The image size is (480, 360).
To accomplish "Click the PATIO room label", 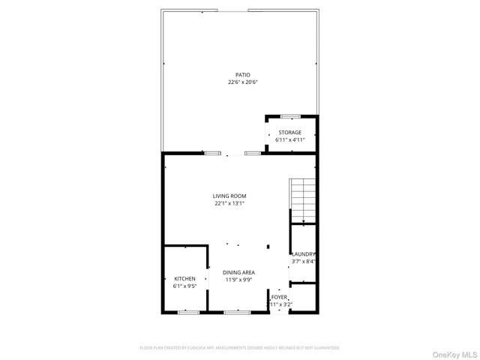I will point(242,75).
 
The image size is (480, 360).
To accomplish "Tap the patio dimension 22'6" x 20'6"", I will point(242,82).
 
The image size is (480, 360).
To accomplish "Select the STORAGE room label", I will point(290,133).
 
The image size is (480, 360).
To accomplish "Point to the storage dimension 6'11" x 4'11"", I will point(290,140).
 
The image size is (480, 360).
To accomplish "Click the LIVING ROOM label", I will point(229,196).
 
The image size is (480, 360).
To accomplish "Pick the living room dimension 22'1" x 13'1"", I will point(229,203).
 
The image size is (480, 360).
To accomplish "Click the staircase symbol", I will point(302,201).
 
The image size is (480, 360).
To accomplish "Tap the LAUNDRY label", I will point(304,254).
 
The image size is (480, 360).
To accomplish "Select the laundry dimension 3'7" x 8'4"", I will point(304,262).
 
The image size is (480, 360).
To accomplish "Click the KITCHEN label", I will point(184,278).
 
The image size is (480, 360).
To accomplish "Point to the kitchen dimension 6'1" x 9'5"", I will point(184,286).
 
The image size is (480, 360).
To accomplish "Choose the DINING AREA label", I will point(239,272).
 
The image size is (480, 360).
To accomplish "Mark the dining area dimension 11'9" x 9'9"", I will point(239,280).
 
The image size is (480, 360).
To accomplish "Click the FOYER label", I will point(280,297).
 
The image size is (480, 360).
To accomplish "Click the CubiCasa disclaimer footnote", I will point(239,348).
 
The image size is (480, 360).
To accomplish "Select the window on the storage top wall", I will point(290,116).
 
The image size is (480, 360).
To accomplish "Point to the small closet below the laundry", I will point(303,297).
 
